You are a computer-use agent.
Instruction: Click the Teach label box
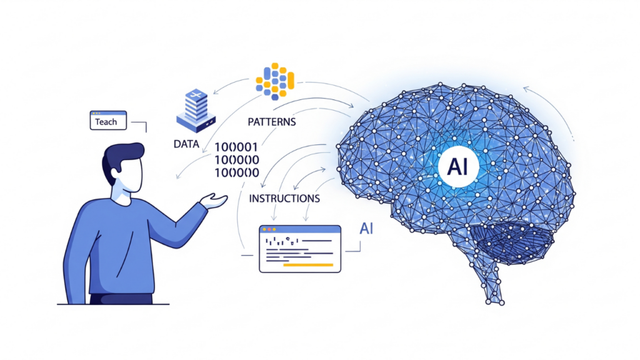tap(107, 121)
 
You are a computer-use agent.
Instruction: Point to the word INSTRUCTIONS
tap(284, 198)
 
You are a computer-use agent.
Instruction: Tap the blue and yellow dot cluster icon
tap(275, 81)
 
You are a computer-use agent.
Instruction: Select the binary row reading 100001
tap(237, 147)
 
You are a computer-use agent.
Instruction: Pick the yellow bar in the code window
tap(308, 264)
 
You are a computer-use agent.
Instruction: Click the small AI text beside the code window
tap(367, 229)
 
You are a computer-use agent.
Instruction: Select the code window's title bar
tap(300, 230)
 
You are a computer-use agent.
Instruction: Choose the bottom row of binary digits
tap(237, 172)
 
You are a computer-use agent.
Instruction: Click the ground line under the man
tap(112, 304)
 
